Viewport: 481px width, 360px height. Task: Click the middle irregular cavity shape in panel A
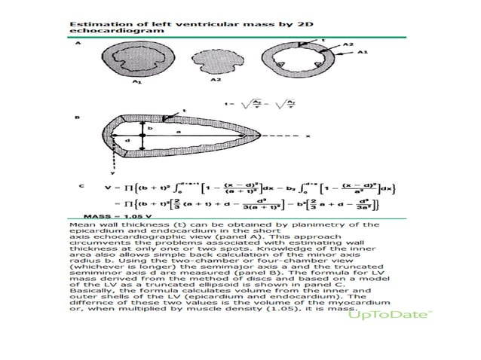(214, 59)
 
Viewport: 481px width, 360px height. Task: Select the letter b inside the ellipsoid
(149, 128)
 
